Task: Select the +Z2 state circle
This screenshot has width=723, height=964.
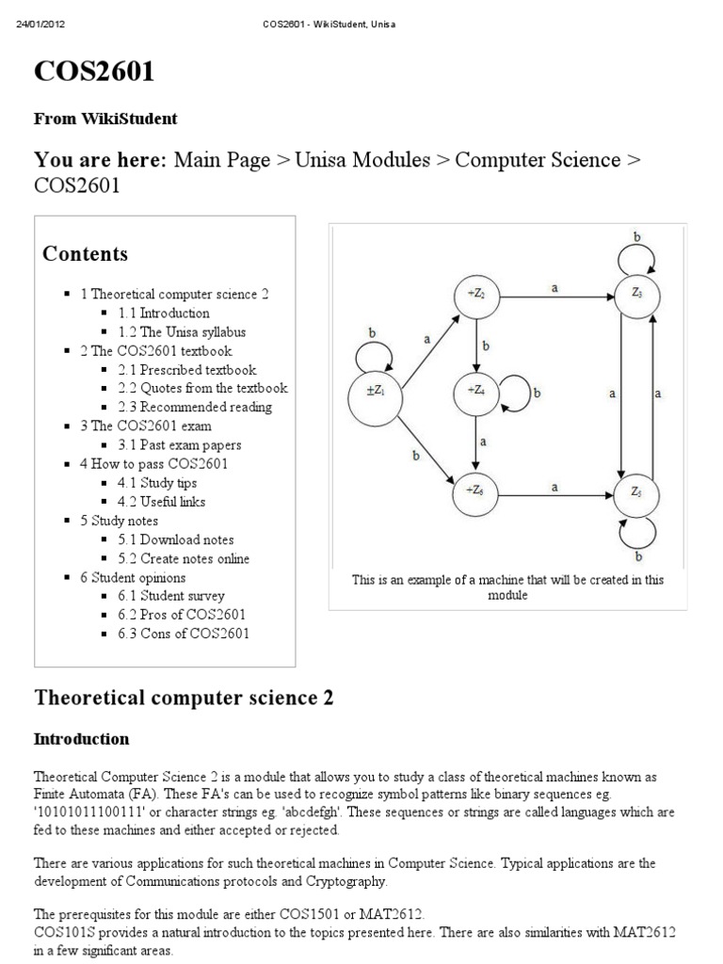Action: coord(476,296)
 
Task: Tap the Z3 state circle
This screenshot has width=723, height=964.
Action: coord(637,296)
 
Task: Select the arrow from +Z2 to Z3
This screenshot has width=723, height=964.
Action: coord(555,297)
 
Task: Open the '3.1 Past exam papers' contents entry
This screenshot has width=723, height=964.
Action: coord(180,444)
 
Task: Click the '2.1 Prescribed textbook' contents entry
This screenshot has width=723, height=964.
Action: coord(187,369)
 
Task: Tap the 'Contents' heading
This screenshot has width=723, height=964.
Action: coord(86,254)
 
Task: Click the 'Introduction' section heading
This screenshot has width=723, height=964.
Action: coord(81,738)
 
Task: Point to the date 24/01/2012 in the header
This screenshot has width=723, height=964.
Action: coord(40,24)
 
